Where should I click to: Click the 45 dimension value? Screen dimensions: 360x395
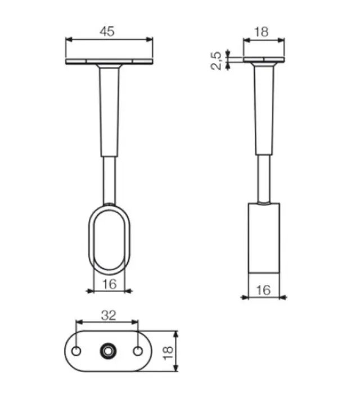click(107, 31)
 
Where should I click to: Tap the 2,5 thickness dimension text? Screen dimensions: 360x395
click(216, 61)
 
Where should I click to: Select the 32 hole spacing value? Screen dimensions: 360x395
click(109, 315)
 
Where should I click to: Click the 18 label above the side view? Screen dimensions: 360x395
click(262, 32)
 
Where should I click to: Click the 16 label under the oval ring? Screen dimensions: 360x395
click(110, 284)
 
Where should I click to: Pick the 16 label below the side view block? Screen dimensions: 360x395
click(263, 290)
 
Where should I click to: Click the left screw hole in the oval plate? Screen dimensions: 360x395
click(76, 351)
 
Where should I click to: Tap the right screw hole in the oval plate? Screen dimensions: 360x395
click(138, 351)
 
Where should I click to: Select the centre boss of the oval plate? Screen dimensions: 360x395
click(108, 351)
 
